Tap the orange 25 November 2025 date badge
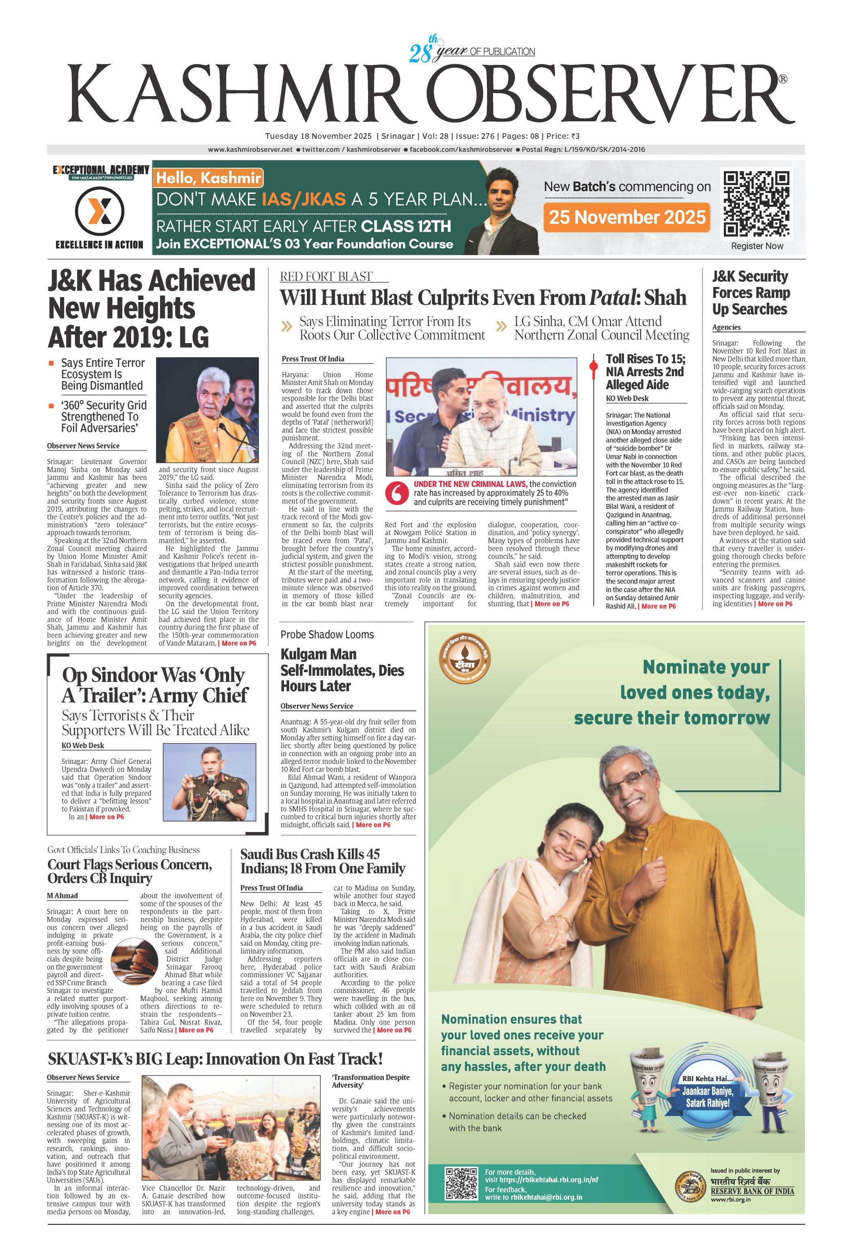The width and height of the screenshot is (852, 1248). click(626, 217)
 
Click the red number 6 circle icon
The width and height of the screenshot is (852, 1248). click(397, 493)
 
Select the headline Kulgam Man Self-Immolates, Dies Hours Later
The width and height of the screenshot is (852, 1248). click(342, 670)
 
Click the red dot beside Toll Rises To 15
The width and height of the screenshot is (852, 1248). click(593, 366)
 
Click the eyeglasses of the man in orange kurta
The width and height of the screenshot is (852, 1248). click(633, 783)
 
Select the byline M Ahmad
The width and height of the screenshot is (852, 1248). click(62, 895)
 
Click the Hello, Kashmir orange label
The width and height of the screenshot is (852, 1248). click(208, 178)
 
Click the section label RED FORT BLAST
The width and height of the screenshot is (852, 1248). click(326, 276)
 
